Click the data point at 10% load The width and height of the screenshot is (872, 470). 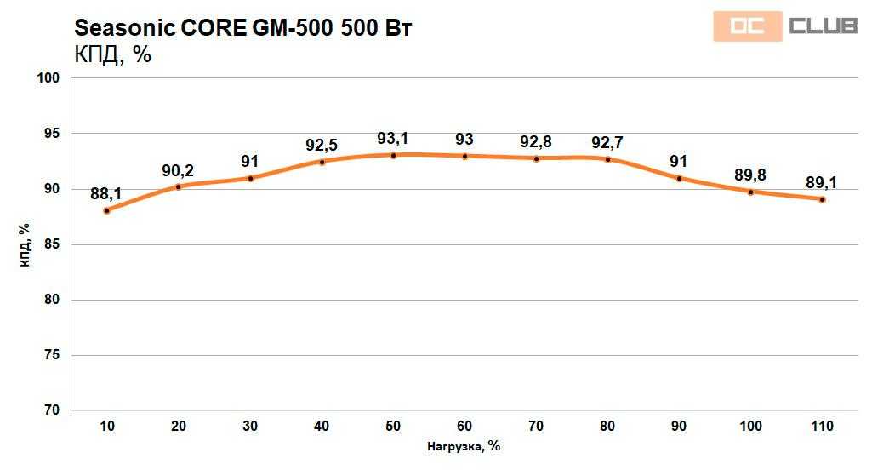pyautogui.click(x=106, y=210)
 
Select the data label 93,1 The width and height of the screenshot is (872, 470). pyautogui.click(x=393, y=138)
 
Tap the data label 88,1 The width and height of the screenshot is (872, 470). pyautogui.click(x=106, y=193)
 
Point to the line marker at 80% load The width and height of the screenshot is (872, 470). pyautogui.click(x=607, y=159)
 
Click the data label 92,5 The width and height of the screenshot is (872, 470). pyautogui.click(x=322, y=145)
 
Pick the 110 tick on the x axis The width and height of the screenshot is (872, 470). pyautogui.click(x=822, y=425)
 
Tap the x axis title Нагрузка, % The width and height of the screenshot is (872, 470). pyautogui.click(x=464, y=446)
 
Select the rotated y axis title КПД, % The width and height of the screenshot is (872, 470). pyautogui.click(x=25, y=244)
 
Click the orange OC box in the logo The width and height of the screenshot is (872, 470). pyautogui.click(x=747, y=27)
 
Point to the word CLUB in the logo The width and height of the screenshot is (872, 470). pyautogui.click(x=823, y=26)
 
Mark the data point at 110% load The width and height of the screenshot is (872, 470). pyautogui.click(x=823, y=199)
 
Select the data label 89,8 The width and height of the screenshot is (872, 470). pyautogui.click(x=750, y=175)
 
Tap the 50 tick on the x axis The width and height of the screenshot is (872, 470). pyautogui.click(x=393, y=425)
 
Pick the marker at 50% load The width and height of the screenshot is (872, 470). pyautogui.click(x=393, y=155)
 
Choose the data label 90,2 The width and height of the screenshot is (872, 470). pyautogui.click(x=179, y=170)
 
